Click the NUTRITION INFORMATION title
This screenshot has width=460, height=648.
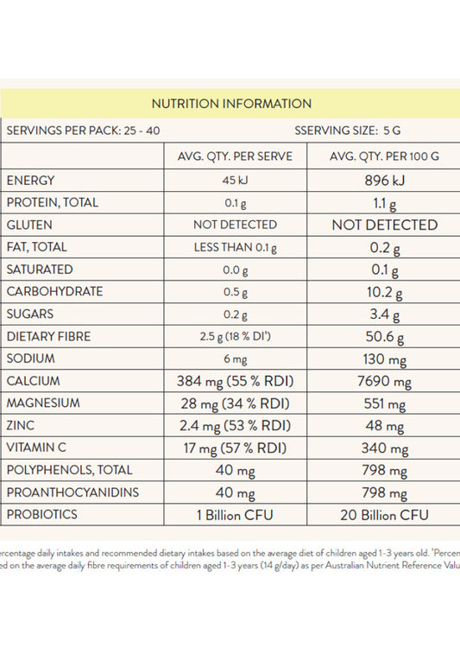pyautogui.click(x=231, y=104)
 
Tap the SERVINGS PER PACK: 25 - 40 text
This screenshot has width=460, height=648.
pyautogui.click(x=83, y=131)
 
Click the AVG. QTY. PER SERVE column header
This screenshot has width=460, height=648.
pyautogui.click(x=235, y=156)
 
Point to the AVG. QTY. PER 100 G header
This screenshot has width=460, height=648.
pyautogui.click(x=385, y=156)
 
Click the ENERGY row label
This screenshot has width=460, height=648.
pyautogui.click(x=31, y=181)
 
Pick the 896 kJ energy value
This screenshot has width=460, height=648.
pyautogui.click(x=385, y=181)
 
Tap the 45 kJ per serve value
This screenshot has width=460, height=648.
pyautogui.click(x=235, y=181)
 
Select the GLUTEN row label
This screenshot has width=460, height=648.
pyautogui.click(x=30, y=225)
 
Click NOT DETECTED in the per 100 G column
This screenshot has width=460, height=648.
pyautogui.click(x=385, y=225)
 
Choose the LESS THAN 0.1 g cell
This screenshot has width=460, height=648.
pyautogui.click(x=235, y=248)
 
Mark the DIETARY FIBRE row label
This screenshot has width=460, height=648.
pyautogui.click(x=48, y=336)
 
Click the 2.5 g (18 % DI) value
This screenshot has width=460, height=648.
pyautogui.click(x=235, y=336)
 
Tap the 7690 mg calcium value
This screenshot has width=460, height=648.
pyautogui.click(x=385, y=381)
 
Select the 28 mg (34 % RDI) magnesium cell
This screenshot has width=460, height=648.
pyautogui.click(x=235, y=403)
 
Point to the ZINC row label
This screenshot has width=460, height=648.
pyautogui.click(x=22, y=425)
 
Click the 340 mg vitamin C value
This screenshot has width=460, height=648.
pyautogui.click(x=385, y=448)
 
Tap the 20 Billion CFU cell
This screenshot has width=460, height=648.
pyautogui.click(x=385, y=515)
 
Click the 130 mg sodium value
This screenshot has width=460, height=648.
pyautogui.click(x=385, y=359)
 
